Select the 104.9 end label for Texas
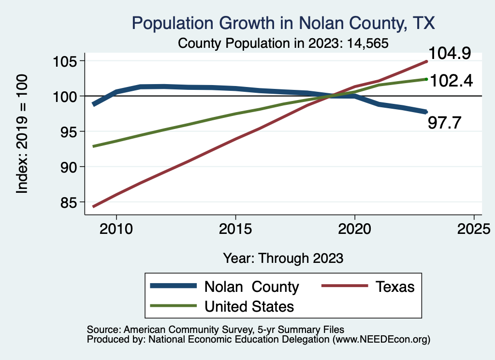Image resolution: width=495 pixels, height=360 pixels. click(x=448, y=54)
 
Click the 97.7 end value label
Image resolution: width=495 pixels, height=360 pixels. click(x=445, y=123)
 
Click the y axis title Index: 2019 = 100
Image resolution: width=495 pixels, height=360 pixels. click(x=22, y=134)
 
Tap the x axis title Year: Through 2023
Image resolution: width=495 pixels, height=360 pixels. click(x=283, y=258)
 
